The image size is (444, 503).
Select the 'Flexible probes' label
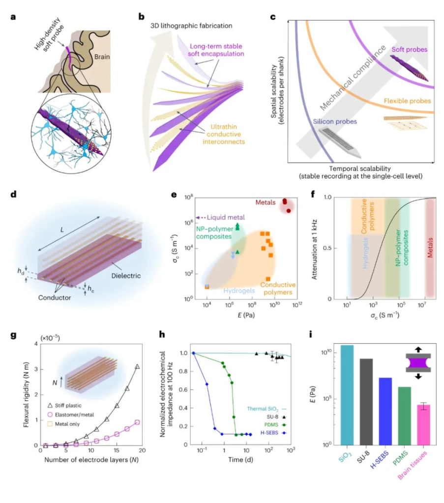[407, 100]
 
